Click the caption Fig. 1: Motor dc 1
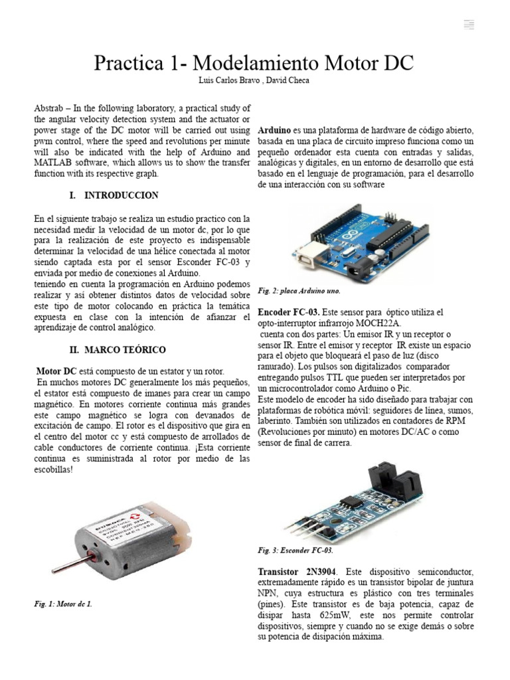[x=63, y=604]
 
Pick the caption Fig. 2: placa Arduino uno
[x=299, y=291]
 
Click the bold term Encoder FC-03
[x=289, y=313]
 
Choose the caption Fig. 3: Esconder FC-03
[x=296, y=551]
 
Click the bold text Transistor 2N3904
[x=297, y=572]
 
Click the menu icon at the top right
[x=469, y=25]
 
